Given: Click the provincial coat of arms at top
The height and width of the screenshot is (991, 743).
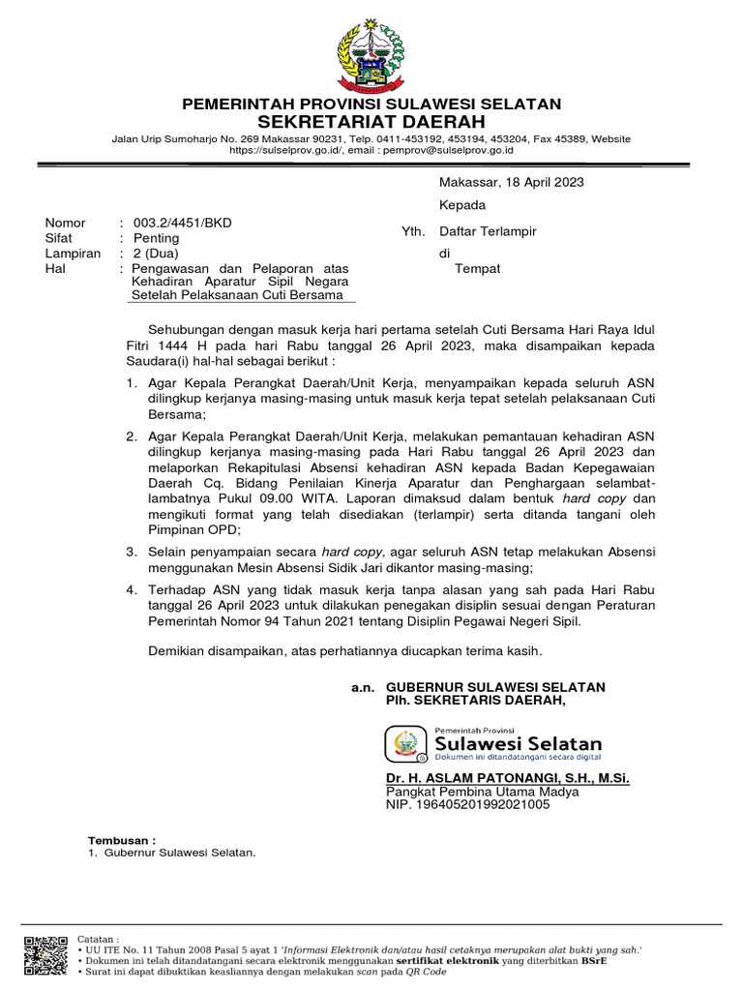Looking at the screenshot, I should coord(372,55).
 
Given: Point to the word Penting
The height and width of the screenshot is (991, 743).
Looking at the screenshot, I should coord(156,238).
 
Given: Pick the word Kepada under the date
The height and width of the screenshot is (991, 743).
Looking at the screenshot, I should coord(462,205).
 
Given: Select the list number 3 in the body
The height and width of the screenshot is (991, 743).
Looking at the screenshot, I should coord(133,551).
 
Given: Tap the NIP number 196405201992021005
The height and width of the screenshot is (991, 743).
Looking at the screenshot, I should coord(468,804).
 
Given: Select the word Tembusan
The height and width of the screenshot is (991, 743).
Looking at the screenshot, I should coord(121,840).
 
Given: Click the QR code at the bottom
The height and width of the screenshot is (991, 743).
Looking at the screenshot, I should coord(45,955).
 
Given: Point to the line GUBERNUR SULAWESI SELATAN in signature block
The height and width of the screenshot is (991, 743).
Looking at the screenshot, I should coord(495,687).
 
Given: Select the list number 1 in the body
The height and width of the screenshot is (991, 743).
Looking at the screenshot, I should coord(133,385).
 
